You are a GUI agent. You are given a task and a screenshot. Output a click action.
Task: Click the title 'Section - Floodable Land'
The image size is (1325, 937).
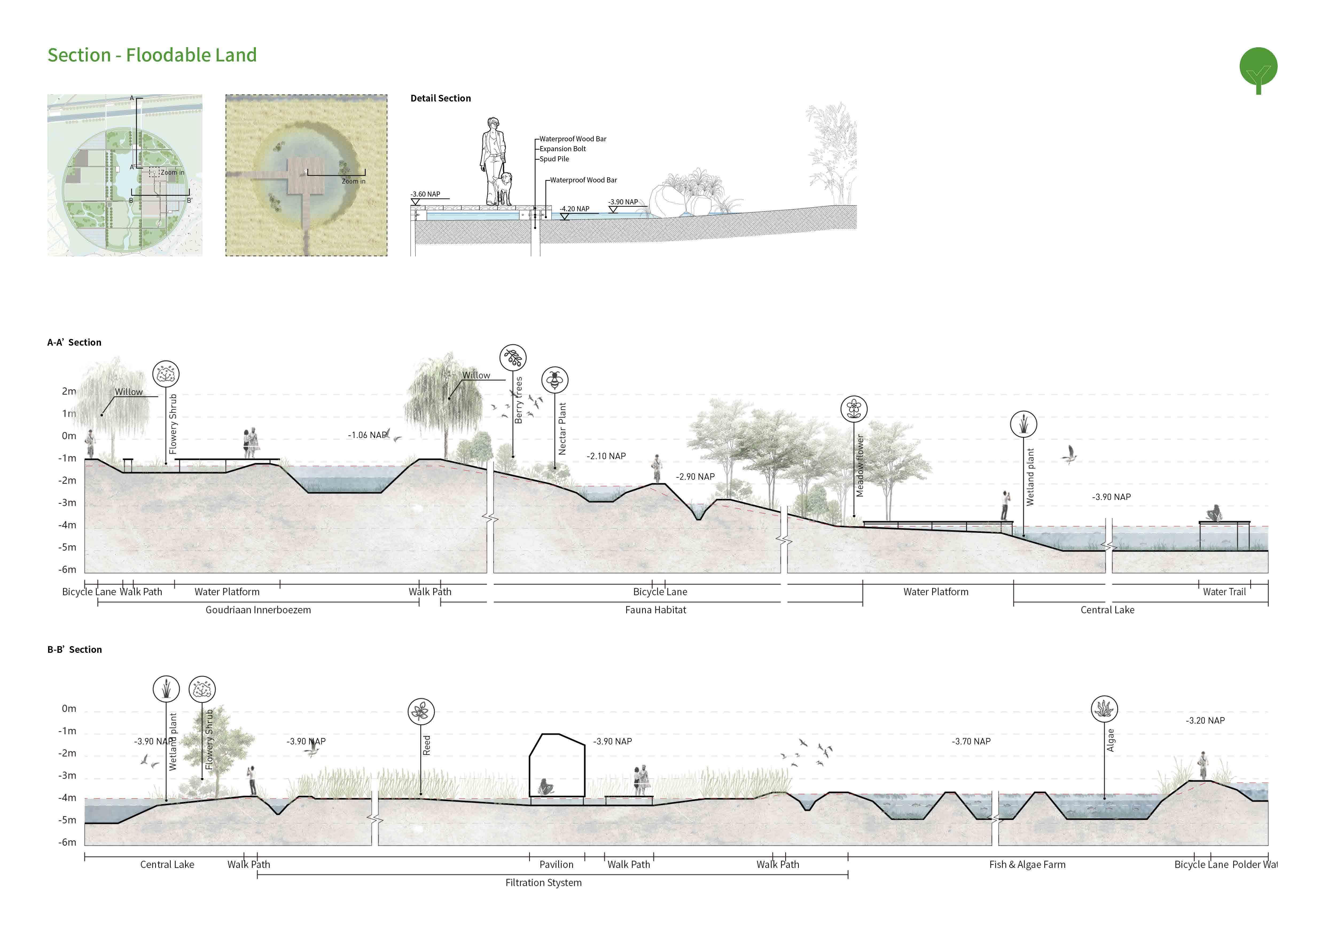(152, 55)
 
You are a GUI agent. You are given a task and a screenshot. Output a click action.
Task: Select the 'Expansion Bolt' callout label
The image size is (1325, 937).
(563, 149)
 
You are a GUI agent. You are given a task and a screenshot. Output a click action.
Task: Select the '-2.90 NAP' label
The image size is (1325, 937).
(695, 477)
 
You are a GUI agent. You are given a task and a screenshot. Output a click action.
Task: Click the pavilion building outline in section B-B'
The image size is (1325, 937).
(557, 764)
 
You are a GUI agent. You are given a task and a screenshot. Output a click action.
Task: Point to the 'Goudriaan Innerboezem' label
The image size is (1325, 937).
(258, 610)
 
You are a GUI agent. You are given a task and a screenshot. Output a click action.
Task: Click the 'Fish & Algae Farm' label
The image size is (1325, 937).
(1027, 864)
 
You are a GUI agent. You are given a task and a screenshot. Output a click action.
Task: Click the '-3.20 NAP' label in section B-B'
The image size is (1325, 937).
(1205, 721)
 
